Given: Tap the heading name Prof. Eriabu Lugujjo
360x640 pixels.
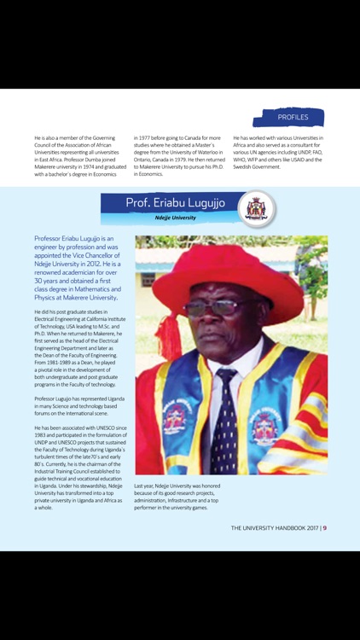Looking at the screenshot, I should [x=177, y=202].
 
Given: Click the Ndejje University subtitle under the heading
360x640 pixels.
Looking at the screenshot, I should [x=176, y=218].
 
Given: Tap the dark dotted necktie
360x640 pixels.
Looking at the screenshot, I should [x=226, y=418].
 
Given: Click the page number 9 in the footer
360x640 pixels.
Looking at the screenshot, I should [x=325, y=527].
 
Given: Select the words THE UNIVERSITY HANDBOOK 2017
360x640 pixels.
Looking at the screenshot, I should [x=274, y=527].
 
